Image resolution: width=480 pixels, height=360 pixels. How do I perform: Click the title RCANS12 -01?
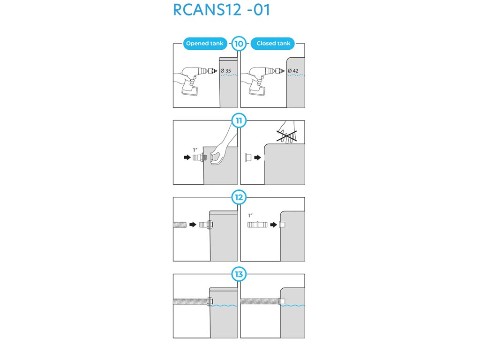click(221, 10)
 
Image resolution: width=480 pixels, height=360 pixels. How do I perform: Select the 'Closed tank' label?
click(273, 44)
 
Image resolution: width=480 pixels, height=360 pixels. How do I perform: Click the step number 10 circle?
click(239, 44)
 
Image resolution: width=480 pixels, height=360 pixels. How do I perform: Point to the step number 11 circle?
click(239, 121)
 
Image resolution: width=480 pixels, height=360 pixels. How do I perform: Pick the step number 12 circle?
click(239, 197)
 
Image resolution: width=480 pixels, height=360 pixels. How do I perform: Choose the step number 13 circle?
click(239, 274)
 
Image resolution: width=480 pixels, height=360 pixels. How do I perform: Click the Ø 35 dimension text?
click(226, 71)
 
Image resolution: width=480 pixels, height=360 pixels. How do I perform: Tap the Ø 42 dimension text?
click(293, 71)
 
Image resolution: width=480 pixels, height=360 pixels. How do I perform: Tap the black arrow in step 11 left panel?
click(187, 157)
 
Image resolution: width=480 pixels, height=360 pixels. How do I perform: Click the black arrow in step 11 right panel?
click(257, 157)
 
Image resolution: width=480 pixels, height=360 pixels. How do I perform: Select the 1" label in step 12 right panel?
click(250, 215)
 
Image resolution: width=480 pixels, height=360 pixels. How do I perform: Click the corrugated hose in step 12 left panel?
click(180, 225)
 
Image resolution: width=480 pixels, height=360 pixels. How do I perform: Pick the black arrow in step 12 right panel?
click(273, 225)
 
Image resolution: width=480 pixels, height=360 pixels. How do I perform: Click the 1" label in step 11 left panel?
click(196, 150)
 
